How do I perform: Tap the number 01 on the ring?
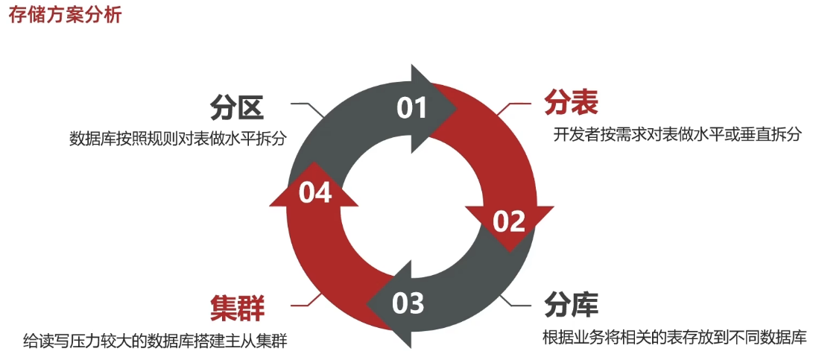pos(411,108)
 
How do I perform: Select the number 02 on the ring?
pos(510,221)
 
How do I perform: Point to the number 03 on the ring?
pos(408,303)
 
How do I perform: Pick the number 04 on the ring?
pos(314,193)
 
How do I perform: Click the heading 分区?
pos(236,107)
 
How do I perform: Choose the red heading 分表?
pos(571,103)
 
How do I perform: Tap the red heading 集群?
pos(237,306)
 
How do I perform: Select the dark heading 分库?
pos(572,304)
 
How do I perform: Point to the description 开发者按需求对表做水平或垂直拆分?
pos(677,135)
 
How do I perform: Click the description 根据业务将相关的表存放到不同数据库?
pos(675,337)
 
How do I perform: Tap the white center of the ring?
pos(411,205)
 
